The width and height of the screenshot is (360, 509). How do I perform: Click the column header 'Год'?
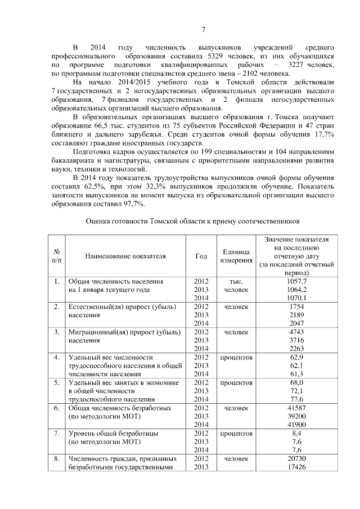[x=201, y=256]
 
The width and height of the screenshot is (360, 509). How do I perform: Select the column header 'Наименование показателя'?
[x=125, y=256]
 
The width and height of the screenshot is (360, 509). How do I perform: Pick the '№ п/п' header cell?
[x=57, y=256]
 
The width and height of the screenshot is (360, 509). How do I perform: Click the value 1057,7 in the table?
[x=296, y=281]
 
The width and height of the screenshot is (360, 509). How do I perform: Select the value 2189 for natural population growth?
[x=296, y=316]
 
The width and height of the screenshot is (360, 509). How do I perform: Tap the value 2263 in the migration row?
[x=296, y=349]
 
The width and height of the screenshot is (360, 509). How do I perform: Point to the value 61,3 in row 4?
[x=296, y=374]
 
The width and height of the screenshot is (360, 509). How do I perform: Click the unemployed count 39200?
[x=296, y=416]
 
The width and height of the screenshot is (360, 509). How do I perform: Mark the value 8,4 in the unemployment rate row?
[x=296, y=434]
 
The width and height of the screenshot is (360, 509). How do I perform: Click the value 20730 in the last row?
[x=296, y=459]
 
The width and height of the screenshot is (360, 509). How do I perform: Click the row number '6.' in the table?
[x=57, y=408]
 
